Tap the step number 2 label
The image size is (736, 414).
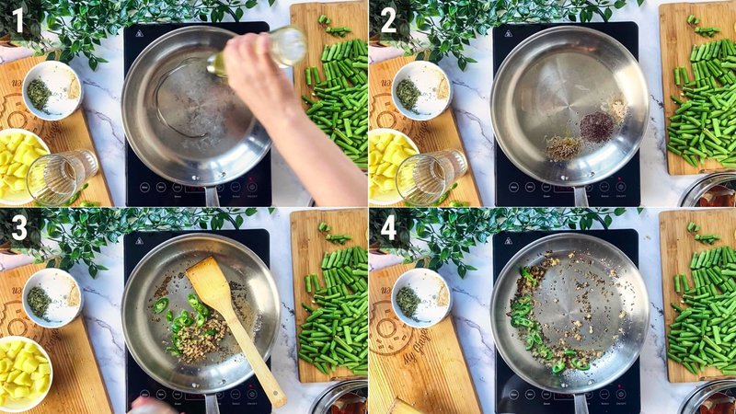(x=387, y=19)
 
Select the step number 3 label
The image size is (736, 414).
(x=19, y=227)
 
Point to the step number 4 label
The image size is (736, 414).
(x=387, y=227)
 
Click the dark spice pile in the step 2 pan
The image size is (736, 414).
(x=596, y=125)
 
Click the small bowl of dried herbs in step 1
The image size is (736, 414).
(x=52, y=90)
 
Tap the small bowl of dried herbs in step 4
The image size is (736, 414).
(x=420, y=297)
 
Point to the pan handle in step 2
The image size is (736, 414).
(x=581, y=196)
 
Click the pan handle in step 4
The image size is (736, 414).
(x=581, y=403)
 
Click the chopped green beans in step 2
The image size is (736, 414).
(x=704, y=110)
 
